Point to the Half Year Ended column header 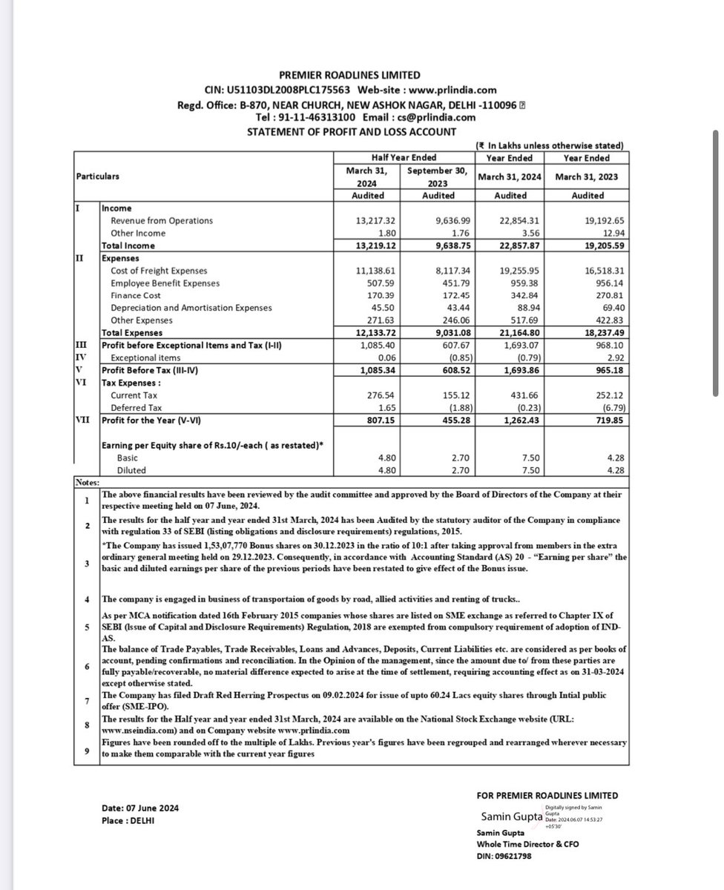pos(404,157)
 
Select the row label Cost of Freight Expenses pos(159,271)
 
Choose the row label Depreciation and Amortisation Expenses pos(191,308)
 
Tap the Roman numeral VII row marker pos(84,420)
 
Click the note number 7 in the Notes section pos(87,700)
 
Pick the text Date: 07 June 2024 pos(140,808)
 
